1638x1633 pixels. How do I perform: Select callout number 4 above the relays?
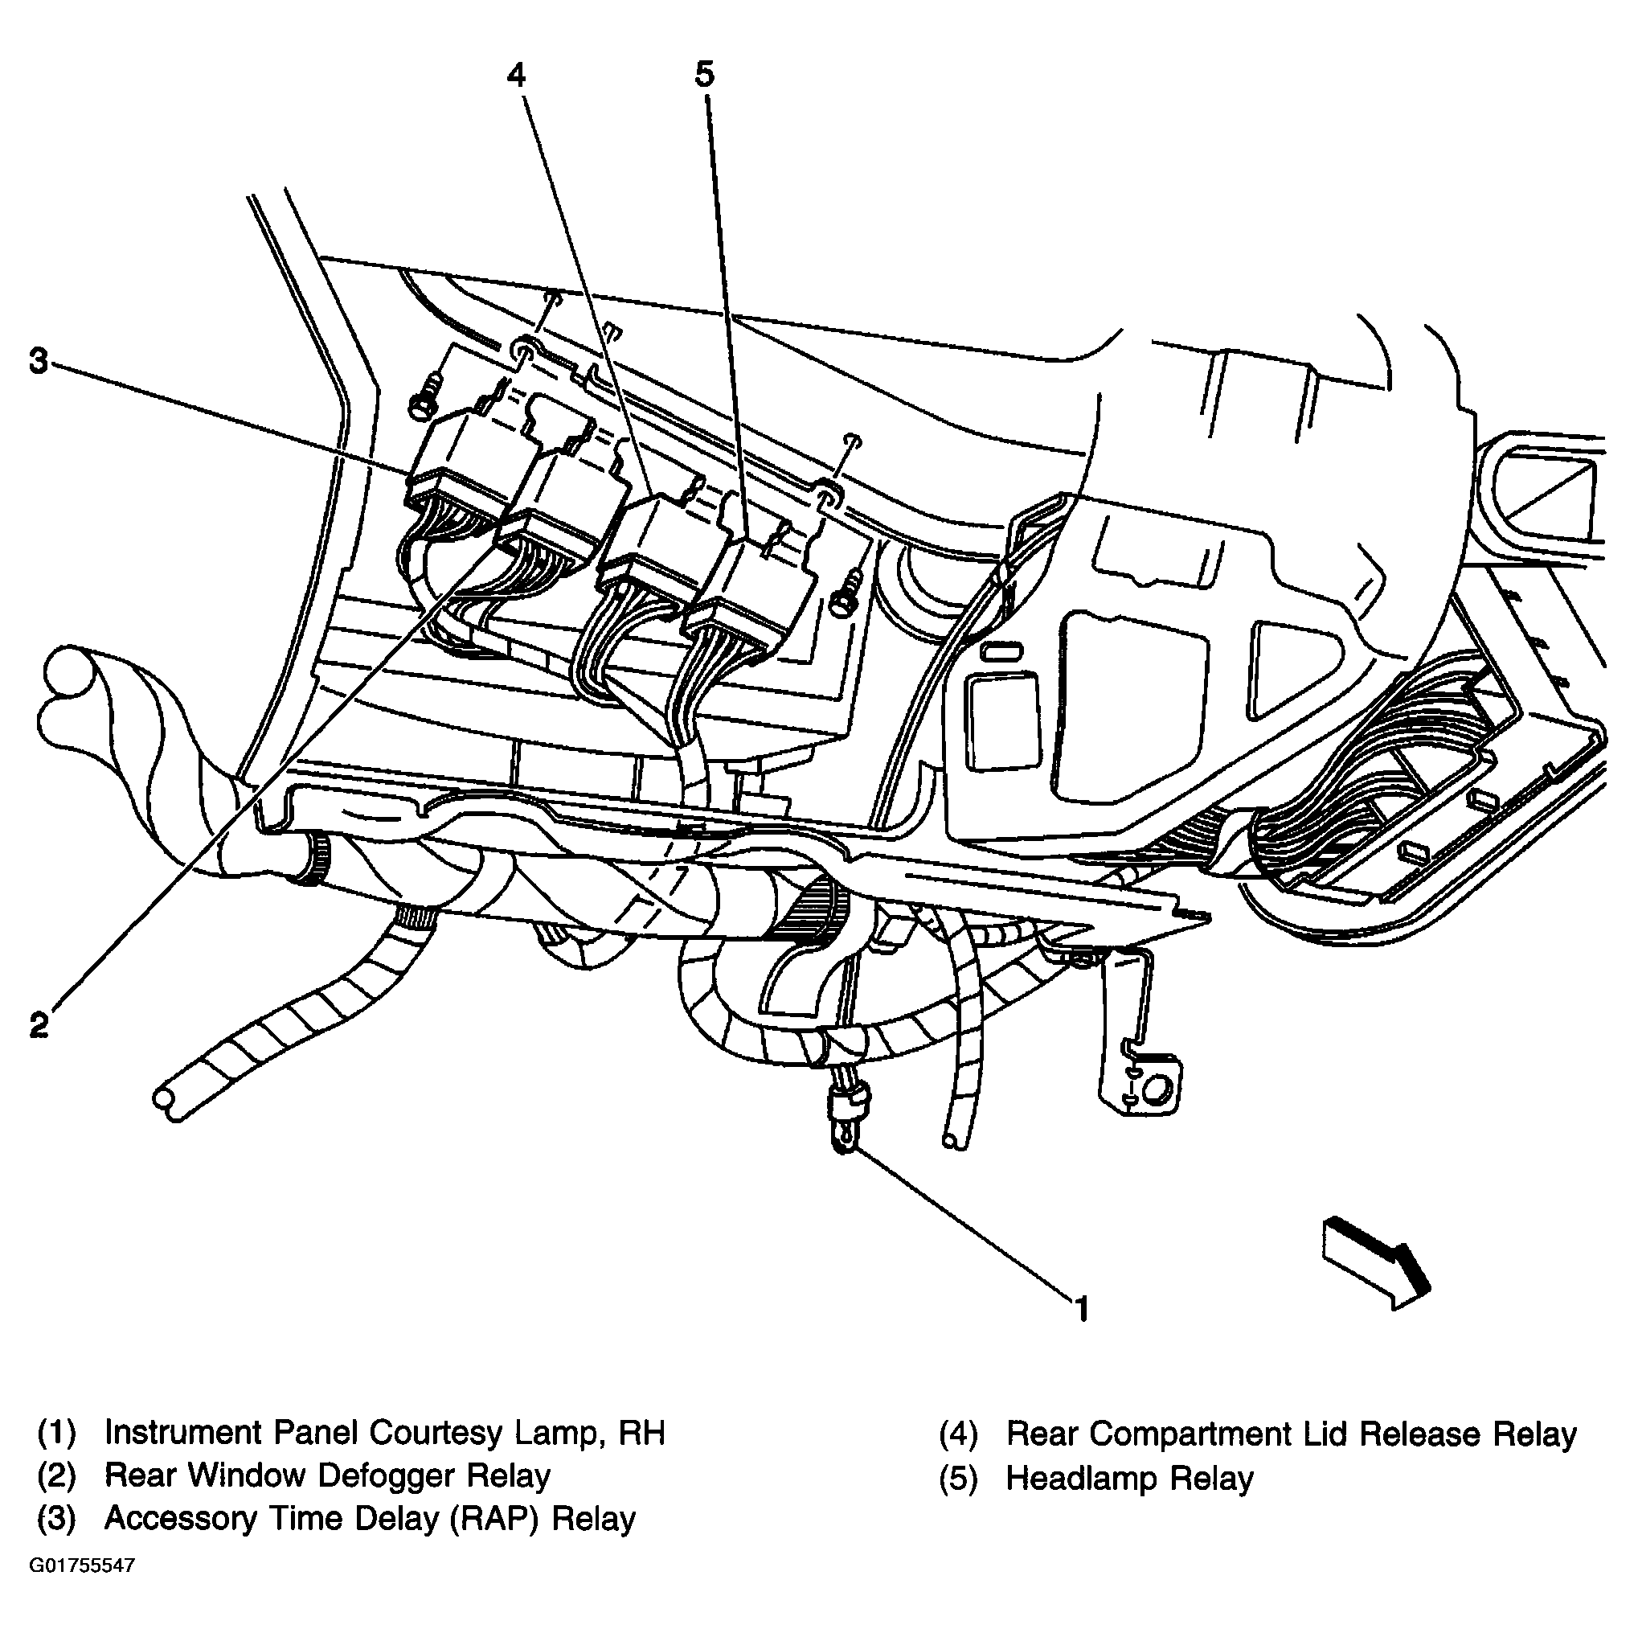515,76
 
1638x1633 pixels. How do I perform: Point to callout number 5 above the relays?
705,75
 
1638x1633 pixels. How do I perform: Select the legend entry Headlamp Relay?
1129,1478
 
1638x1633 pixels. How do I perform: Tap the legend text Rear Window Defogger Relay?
327,1475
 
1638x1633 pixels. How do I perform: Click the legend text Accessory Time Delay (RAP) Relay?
370,1518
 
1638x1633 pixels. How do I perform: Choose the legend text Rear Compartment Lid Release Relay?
1291,1434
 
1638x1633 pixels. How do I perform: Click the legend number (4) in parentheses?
958,1434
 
